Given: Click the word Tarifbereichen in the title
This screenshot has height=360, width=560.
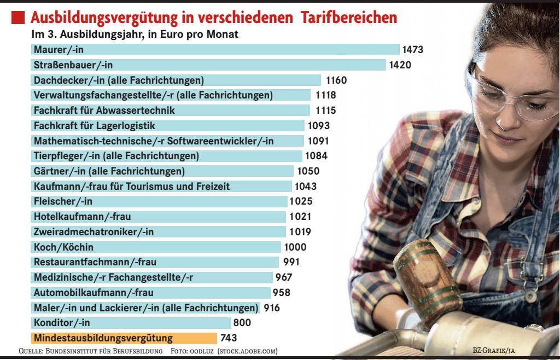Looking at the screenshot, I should point(348,18).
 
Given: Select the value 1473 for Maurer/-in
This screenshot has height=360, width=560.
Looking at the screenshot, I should point(413,50).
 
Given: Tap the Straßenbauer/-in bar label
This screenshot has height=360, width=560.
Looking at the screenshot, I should point(73,65).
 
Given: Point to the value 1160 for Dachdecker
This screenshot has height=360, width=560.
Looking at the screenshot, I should point(336,80).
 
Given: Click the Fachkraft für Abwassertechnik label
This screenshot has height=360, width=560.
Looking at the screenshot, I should point(104,111).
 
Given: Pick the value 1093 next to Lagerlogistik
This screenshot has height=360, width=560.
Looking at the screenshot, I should point(319,126).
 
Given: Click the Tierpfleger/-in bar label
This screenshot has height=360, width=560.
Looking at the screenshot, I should point(116,156).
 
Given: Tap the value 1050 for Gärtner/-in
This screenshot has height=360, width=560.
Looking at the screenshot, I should point(308,171).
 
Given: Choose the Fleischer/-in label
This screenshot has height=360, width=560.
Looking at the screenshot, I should point(63,201).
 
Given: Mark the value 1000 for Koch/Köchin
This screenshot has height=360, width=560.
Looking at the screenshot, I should point(295,247).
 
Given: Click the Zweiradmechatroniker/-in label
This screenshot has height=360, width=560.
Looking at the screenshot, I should point(94,232).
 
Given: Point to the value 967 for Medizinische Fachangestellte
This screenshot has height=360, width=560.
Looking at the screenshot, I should point(284,277).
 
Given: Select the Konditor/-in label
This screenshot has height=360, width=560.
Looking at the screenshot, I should point(62,323).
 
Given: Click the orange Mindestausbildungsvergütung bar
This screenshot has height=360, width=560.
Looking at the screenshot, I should point(125,338).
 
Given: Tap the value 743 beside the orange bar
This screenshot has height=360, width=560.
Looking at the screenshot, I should point(228,338).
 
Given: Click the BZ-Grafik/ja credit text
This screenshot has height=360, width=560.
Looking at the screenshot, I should point(494,351).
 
